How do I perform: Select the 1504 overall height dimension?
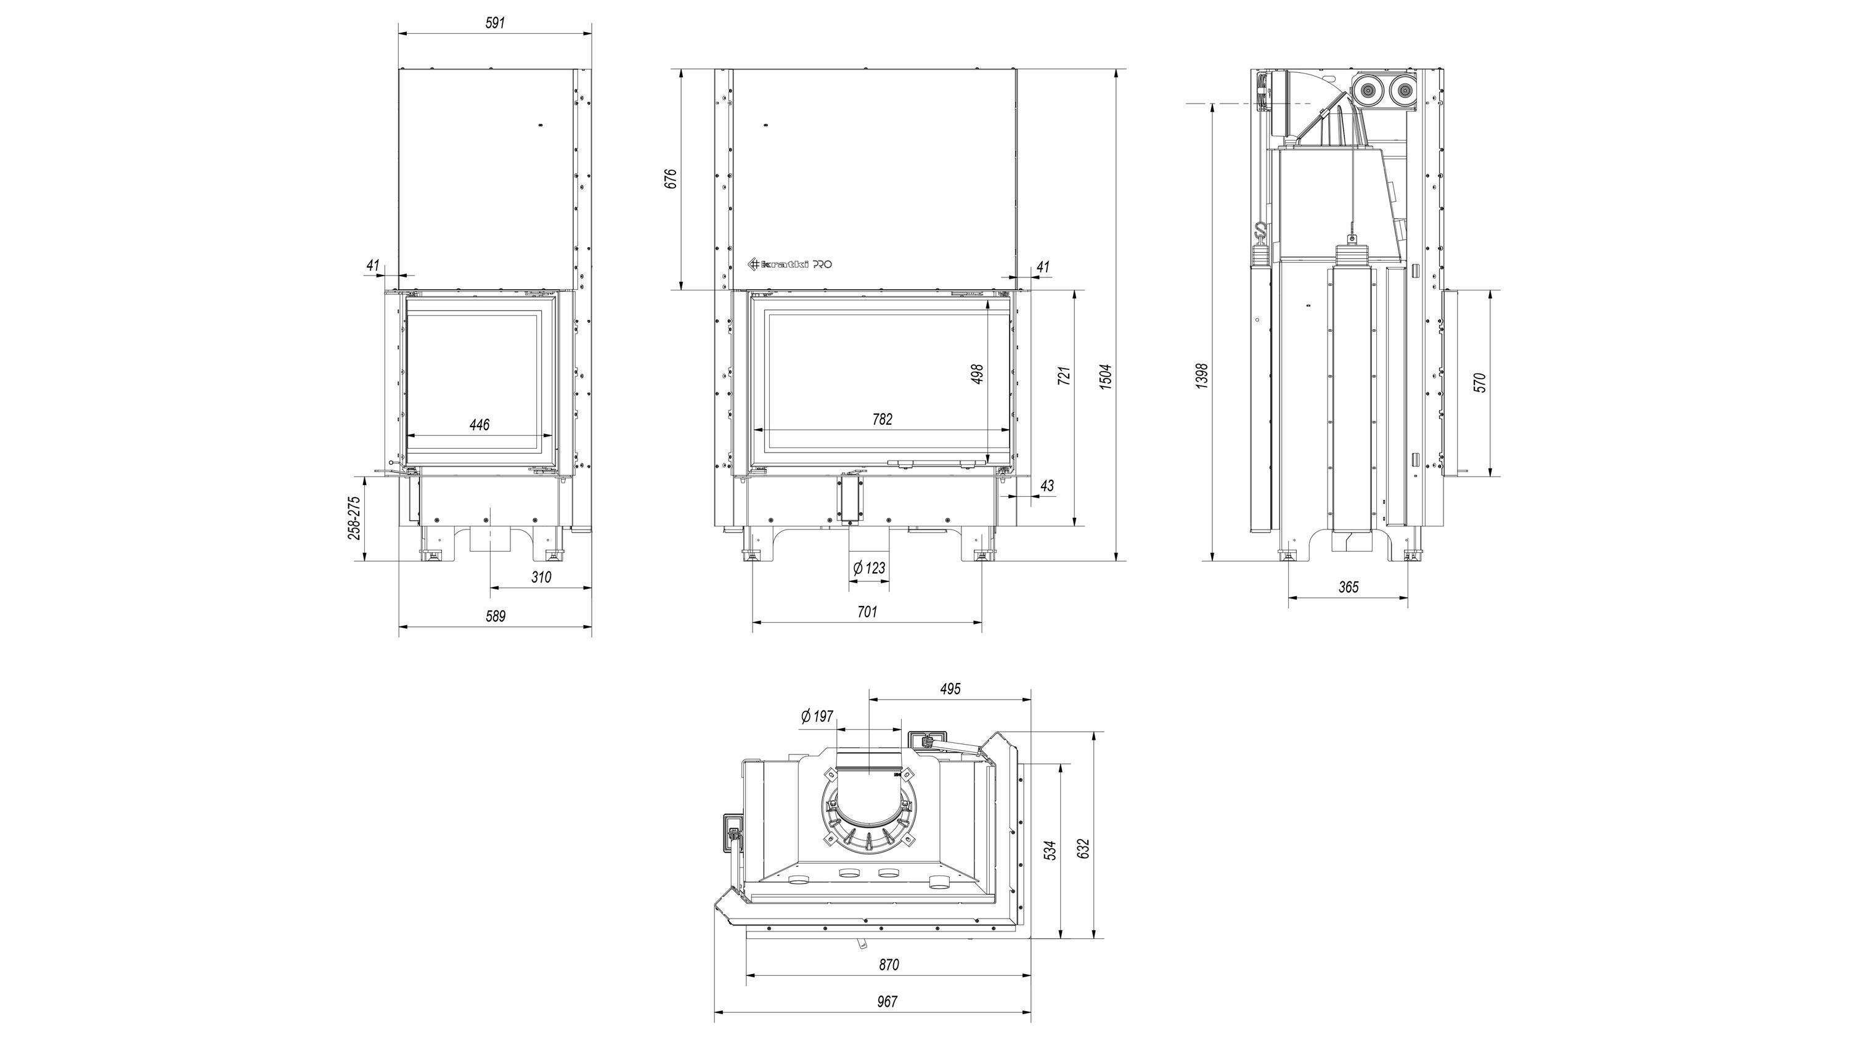coord(1106,377)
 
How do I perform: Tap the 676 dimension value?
coord(670,179)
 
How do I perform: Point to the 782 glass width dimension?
coord(882,419)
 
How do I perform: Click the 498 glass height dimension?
coord(977,374)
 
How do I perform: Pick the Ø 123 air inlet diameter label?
coord(869,568)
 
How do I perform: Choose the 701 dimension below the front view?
coord(867,612)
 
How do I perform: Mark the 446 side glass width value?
coord(480,425)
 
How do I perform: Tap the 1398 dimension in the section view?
coord(1202,377)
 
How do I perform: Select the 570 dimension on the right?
coord(1479,383)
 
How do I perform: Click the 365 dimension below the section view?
coord(1349,587)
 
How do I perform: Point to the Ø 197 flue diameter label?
coord(817,716)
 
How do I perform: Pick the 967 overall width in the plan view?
coord(887,1001)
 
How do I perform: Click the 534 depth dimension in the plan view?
coord(1050,851)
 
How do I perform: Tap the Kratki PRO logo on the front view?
coord(790,264)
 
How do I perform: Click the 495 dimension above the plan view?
coord(950,689)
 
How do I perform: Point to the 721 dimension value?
coord(1064,376)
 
